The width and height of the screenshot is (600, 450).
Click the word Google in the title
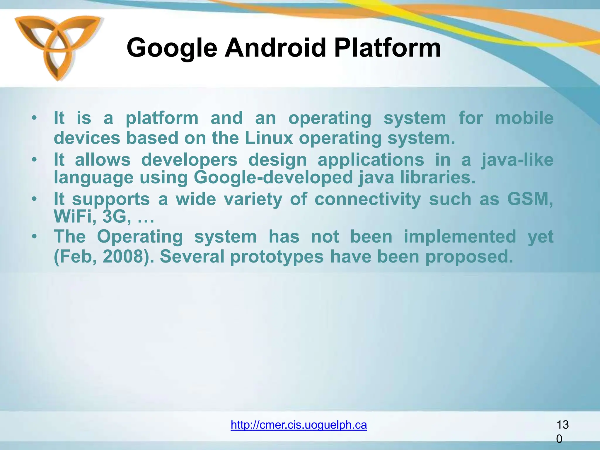coord(172,48)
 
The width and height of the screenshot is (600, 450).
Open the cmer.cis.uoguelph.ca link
coord(299,425)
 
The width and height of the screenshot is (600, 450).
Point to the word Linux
coord(269,138)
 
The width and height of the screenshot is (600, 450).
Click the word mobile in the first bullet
coord(524,118)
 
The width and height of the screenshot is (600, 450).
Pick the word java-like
coord(517,160)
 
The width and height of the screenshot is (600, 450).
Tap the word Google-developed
coord(273,178)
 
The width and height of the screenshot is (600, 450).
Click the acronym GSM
coord(530,199)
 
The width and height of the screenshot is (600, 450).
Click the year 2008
coord(125,257)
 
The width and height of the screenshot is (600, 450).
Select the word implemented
coord(460,236)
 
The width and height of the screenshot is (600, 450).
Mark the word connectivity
coord(368,200)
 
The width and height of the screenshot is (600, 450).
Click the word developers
coord(189,160)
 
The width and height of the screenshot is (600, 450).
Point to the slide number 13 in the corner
coord(562,425)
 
